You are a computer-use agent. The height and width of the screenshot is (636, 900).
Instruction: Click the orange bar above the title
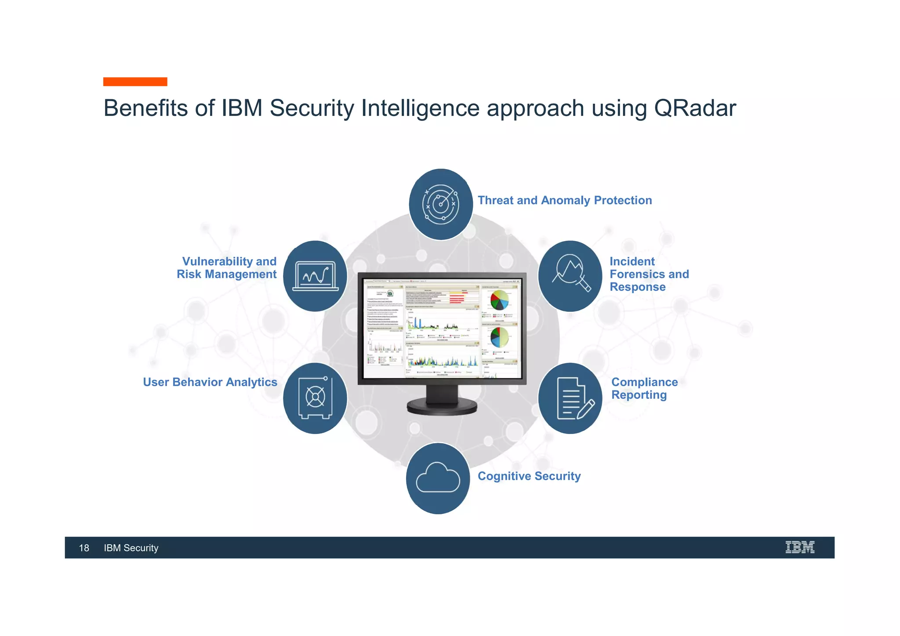135,82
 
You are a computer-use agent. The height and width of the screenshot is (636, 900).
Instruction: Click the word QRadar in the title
694,108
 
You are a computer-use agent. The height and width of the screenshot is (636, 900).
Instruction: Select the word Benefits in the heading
145,108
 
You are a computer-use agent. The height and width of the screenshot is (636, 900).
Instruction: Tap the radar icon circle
441,204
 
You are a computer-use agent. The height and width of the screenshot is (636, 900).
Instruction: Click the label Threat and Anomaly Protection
565,200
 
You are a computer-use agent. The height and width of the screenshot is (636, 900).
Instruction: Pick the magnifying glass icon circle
570,276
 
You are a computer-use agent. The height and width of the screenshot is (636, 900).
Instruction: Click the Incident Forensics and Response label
649,274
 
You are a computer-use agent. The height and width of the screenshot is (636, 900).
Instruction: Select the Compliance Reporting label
644,388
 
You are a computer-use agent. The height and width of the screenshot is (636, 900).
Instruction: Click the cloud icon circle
438,478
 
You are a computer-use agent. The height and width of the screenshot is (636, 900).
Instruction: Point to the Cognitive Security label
529,476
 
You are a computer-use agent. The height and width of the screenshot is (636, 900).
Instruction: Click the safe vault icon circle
315,398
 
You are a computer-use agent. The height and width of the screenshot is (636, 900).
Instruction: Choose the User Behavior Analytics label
210,382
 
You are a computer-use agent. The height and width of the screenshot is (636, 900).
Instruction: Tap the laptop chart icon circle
315,276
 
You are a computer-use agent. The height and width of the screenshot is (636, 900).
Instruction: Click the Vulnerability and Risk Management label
227,268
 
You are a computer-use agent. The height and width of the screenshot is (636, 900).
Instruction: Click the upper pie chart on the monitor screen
499,300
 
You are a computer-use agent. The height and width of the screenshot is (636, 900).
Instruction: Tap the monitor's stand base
442,406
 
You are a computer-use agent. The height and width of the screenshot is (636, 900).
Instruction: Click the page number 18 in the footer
84,548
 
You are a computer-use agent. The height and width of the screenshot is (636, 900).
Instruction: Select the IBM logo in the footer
800,547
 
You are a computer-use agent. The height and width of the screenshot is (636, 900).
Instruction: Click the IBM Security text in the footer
131,548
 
